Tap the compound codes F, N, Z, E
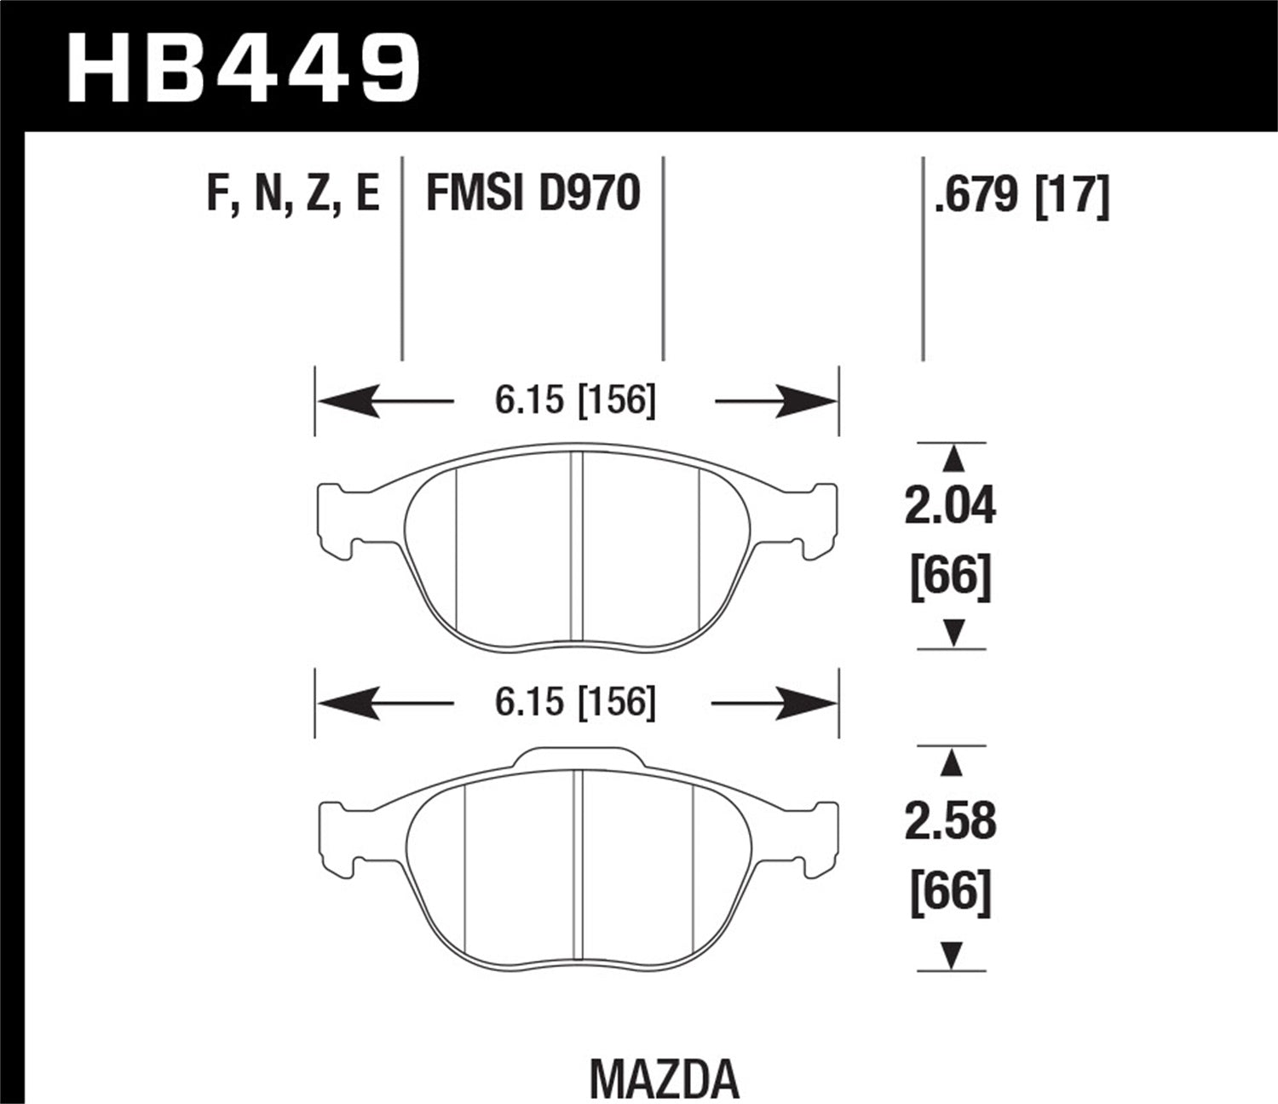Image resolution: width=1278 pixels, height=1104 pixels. coord(292,193)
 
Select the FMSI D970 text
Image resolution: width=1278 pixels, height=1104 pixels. coord(532,193)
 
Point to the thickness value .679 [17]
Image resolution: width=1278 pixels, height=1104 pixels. coord(1022,194)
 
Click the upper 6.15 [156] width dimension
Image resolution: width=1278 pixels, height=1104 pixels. coord(576,400)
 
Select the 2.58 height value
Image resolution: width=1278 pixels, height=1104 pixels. coord(950,821)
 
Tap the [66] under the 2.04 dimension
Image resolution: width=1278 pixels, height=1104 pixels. coord(951,578)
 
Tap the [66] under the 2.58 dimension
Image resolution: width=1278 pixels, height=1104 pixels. coord(951,894)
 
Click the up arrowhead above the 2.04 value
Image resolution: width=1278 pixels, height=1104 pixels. coord(953,460)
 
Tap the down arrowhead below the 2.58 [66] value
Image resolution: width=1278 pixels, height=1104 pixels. coord(953,954)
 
